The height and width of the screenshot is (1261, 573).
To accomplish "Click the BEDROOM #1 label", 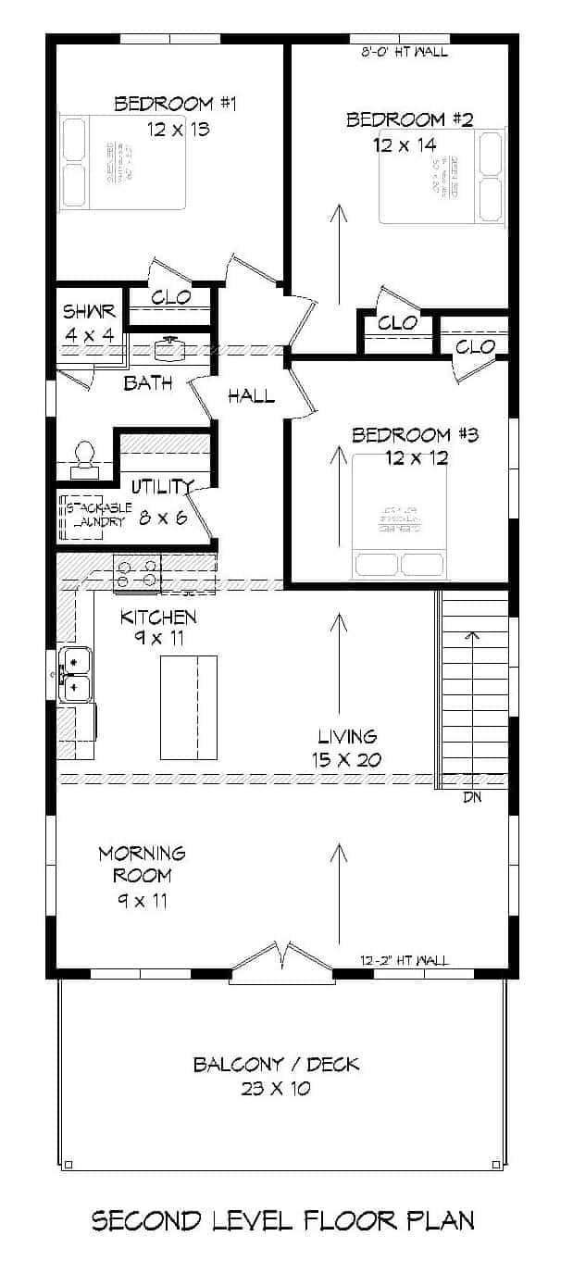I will pos(175,104).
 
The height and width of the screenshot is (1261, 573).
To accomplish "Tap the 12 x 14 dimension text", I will pos(405,144).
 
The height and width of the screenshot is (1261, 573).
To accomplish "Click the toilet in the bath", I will pos(85,457).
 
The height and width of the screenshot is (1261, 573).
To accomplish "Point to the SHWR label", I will pos(88,312).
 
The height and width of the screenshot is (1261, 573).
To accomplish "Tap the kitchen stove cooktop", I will pos(137,572).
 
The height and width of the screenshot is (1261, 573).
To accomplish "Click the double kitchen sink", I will pos(75,674).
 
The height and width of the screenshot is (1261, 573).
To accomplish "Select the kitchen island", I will pos(189,706).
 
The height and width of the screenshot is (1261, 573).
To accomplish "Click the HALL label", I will pos(251,396).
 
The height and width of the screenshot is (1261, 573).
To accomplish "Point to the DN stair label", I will pos(471,796).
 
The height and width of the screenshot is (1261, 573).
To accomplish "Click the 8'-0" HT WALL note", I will pos(404,52).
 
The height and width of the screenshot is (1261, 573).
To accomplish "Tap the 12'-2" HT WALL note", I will pos(405,961).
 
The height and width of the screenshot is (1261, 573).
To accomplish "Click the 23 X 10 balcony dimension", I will pos(276,1089).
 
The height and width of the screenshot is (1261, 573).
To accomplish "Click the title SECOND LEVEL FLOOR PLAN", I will pos(283,1220).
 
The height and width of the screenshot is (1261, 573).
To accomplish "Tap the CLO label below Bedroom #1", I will pos(171,297).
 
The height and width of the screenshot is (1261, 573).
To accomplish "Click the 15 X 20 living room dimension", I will pos(347,760).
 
